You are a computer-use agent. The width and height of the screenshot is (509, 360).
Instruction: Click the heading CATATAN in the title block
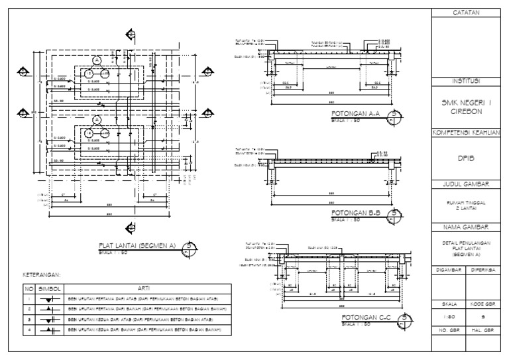pyautogui.click(x=466, y=13)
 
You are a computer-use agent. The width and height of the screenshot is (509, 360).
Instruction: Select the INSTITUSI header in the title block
pyautogui.click(x=466, y=81)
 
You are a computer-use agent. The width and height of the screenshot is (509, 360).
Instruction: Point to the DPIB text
pyautogui.click(x=466, y=158)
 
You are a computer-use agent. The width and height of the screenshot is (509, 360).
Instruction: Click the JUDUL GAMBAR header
pyautogui.click(x=466, y=182)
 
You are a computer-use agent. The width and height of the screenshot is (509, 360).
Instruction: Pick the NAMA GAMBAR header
pyautogui.click(x=466, y=227)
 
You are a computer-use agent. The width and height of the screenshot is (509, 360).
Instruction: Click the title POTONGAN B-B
pyautogui.click(x=355, y=213)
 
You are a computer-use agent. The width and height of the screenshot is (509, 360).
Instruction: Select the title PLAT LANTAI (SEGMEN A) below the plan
pyautogui.click(x=137, y=244)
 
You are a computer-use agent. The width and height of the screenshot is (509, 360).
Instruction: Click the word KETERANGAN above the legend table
pyautogui.click(x=42, y=274)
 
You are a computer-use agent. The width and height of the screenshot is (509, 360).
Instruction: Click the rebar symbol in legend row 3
pyautogui.click(x=48, y=318)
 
